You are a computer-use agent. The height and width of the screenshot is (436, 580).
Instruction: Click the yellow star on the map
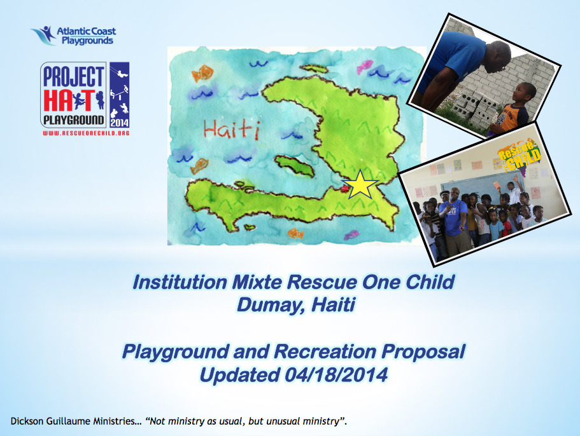click(x=360, y=184)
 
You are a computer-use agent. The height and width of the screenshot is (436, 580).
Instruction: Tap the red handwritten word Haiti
click(x=232, y=130)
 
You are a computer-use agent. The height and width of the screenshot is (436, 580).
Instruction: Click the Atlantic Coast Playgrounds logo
click(x=73, y=36)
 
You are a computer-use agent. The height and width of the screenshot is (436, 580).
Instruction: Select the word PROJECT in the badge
click(x=74, y=77)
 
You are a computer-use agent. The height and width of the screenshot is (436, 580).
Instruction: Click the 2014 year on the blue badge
click(x=120, y=123)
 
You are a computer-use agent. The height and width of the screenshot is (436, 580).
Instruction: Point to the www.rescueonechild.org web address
click(x=86, y=133)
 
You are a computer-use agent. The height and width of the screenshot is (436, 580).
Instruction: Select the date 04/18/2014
click(x=336, y=375)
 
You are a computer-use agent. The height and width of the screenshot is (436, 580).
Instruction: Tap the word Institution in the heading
click(x=180, y=282)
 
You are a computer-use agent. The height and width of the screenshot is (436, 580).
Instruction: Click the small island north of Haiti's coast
click(x=314, y=69)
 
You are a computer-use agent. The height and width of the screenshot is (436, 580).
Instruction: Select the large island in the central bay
click(x=294, y=165)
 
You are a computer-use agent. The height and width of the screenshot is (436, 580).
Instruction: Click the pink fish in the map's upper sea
click(x=365, y=67)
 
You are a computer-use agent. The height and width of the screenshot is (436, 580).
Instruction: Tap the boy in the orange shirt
click(x=514, y=108)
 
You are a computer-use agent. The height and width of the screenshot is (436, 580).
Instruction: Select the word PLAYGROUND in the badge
click(x=74, y=120)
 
